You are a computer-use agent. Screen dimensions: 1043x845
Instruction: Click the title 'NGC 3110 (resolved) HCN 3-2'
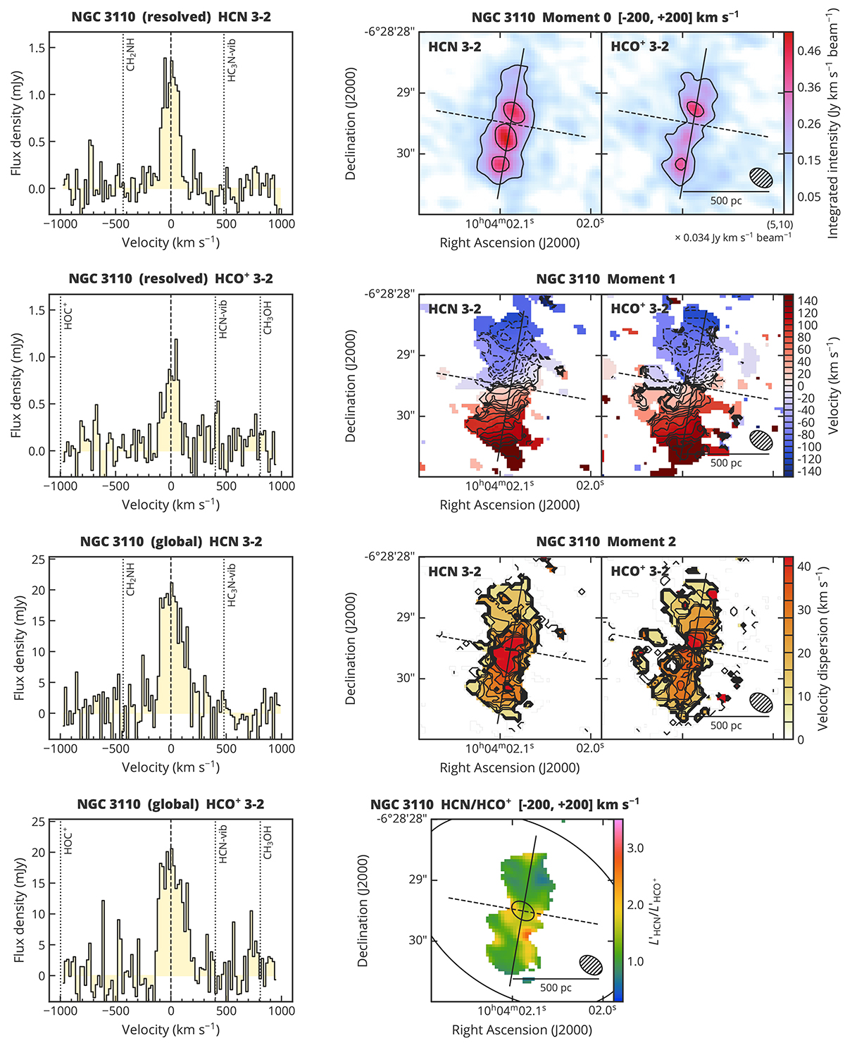pyautogui.click(x=171, y=16)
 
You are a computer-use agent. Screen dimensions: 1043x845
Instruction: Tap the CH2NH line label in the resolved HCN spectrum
pyautogui.click(x=131, y=56)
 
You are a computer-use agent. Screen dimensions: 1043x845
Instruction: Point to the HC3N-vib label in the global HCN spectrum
pyautogui.click(x=232, y=585)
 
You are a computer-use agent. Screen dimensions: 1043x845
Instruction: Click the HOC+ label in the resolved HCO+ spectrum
pyautogui.click(x=68, y=316)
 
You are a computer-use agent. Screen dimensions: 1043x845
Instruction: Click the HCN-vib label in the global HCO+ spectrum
pyautogui.click(x=223, y=842)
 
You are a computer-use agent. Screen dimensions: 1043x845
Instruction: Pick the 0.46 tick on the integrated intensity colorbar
pyautogui.click(x=808, y=51)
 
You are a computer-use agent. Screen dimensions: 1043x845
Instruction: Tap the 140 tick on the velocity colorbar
pyautogui.click(x=808, y=301)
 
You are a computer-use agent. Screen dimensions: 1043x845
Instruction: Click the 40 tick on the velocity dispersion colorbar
pyautogui.click(x=804, y=567)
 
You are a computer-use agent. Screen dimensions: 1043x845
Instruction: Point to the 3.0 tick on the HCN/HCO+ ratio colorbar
pyautogui.click(x=635, y=848)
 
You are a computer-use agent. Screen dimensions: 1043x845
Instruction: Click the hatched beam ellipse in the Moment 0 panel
pyautogui.click(x=761, y=178)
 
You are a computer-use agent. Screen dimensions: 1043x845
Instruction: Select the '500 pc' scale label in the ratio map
pyautogui.click(x=556, y=988)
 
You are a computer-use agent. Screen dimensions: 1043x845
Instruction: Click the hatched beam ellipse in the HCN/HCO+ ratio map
pyautogui.click(x=591, y=965)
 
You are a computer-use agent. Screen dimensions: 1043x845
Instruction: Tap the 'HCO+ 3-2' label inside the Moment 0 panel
pyautogui.click(x=640, y=47)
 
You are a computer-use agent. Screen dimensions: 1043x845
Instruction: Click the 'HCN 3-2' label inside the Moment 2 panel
pyautogui.click(x=455, y=572)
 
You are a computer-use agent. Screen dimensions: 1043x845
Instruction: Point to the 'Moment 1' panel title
pyautogui.click(x=606, y=279)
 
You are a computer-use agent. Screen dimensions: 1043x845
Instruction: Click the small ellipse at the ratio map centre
pyautogui.click(x=522, y=910)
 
